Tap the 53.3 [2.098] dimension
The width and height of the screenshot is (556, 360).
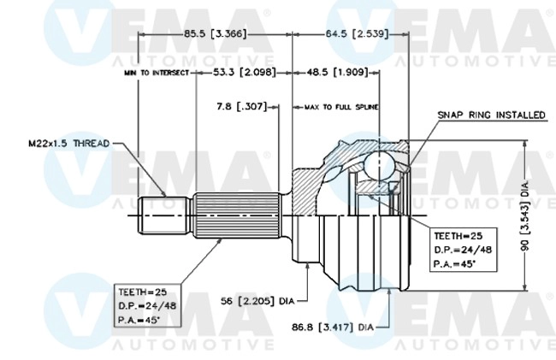(244, 74)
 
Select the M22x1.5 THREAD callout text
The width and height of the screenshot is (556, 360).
(68, 144)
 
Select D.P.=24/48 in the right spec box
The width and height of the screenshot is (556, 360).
(463, 249)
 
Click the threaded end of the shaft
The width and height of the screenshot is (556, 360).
(163, 216)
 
